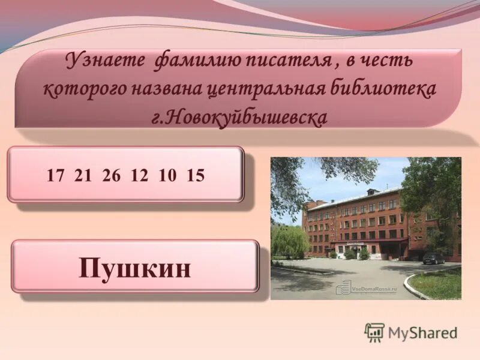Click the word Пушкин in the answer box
tap(135, 268)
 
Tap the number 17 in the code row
tap(55, 175)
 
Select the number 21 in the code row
tap(82, 175)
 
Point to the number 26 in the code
tap(111, 175)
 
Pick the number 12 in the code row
tap(139, 175)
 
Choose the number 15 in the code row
tap(196, 175)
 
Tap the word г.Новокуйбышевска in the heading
tap(240, 116)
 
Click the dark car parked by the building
tap(433, 258)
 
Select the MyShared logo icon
tap(374, 332)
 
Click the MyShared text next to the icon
tap(422, 333)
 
